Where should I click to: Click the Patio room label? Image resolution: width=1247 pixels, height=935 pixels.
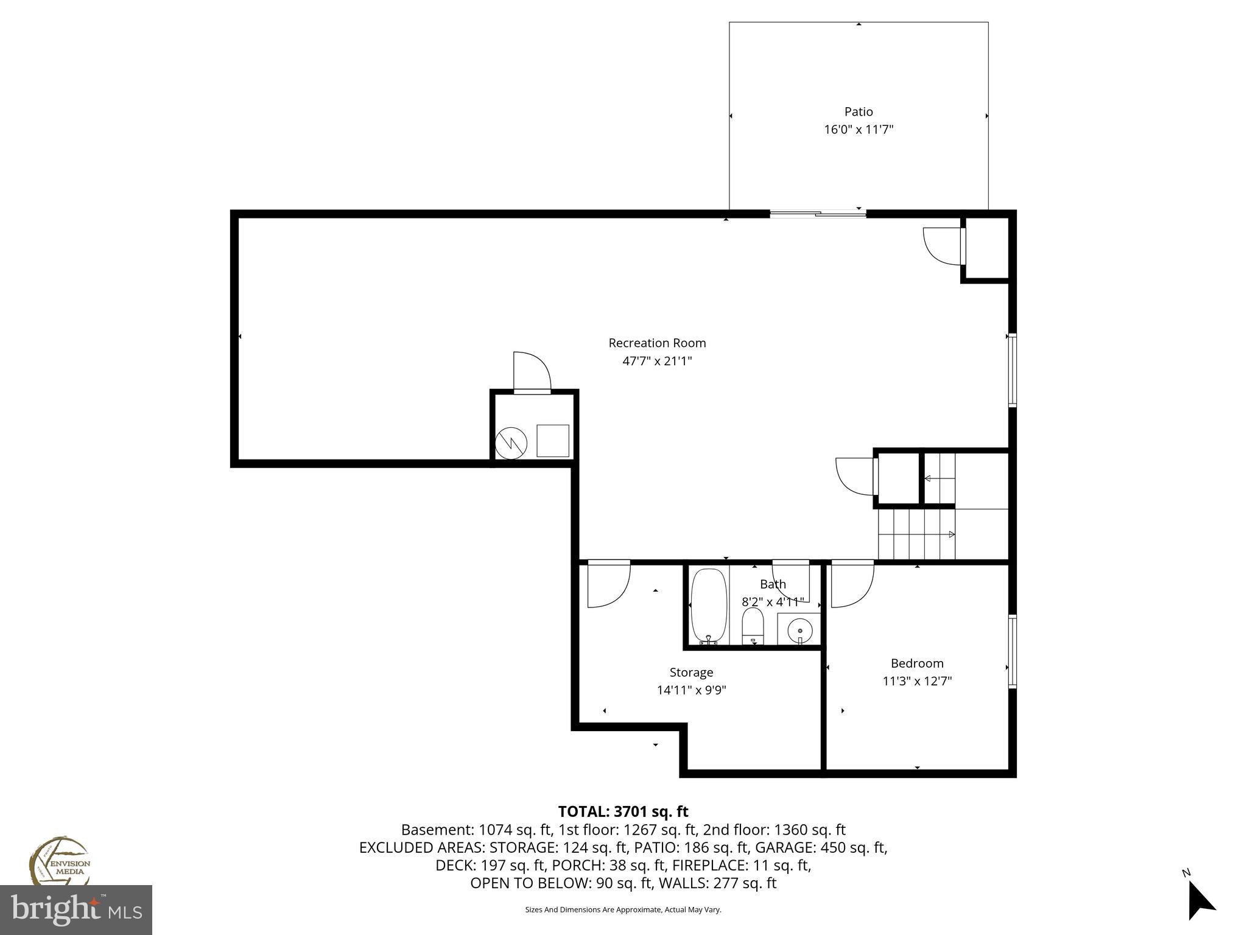click(858, 111)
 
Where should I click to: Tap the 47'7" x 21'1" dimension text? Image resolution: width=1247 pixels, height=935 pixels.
click(657, 361)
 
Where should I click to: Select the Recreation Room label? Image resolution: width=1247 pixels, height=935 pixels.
click(657, 343)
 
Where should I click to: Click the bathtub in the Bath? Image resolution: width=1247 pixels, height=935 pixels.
click(709, 606)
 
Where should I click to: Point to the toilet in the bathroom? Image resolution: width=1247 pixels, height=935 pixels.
click(753, 626)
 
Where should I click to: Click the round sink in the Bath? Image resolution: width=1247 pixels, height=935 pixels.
click(799, 630)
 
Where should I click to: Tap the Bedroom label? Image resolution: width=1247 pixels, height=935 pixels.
click(916, 663)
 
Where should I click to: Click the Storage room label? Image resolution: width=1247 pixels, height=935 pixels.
click(690, 672)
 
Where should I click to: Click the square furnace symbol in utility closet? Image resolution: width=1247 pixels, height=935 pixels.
click(552, 441)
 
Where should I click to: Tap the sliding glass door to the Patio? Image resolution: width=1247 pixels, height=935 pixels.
click(818, 214)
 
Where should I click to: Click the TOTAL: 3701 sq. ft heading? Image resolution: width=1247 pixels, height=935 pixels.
click(623, 811)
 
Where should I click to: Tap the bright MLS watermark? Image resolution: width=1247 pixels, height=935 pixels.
click(76, 909)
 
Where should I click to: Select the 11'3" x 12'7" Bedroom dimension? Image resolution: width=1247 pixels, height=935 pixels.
click(916, 681)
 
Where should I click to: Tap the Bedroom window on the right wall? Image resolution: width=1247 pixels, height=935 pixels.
click(1012, 651)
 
